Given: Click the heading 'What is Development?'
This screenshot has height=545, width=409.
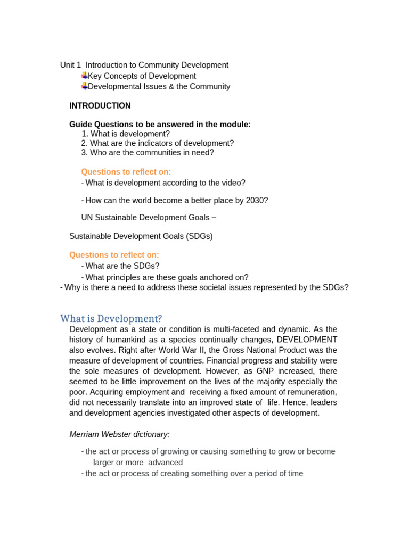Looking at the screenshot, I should [x=111, y=319].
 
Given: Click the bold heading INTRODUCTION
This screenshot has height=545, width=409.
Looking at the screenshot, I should [x=100, y=106].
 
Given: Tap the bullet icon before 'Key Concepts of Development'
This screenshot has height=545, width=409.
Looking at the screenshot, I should [x=84, y=76].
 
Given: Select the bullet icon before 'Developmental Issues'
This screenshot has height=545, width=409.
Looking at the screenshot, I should [x=84, y=86].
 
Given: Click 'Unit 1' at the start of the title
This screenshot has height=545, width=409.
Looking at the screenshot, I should [x=70, y=65].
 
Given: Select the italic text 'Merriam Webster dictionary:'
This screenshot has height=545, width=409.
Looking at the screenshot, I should [x=119, y=434].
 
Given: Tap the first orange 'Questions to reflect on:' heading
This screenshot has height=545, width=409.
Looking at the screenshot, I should [x=126, y=172].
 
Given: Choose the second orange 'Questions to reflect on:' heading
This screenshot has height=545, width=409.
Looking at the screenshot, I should [x=114, y=255].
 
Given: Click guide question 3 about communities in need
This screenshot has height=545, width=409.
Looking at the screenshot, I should [x=148, y=153].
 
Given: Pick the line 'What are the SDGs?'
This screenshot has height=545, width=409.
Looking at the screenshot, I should [x=122, y=266].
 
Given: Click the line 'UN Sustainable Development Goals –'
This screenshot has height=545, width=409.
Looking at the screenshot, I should [x=149, y=218].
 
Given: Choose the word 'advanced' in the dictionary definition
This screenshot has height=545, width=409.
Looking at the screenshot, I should [x=165, y=463].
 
